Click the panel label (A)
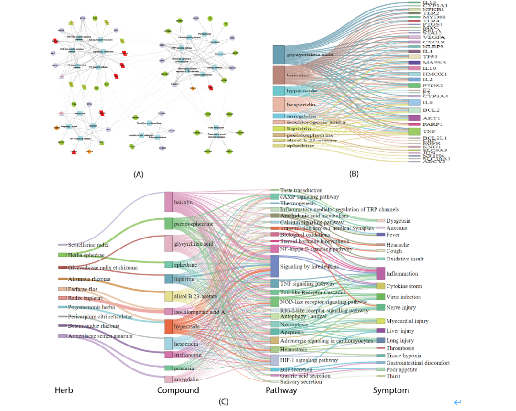(139, 174)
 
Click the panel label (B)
(354, 174)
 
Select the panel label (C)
(223, 402)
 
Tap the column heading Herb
(64, 390)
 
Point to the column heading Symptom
(391, 390)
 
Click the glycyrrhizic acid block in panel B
(279, 55)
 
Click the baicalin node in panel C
(169, 202)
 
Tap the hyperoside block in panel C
(169, 327)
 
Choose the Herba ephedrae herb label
(86, 255)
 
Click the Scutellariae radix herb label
(88, 245)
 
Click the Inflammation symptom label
(402, 274)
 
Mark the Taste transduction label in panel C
(301, 190)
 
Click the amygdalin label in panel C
(186, 379)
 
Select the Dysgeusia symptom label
(398, 221)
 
